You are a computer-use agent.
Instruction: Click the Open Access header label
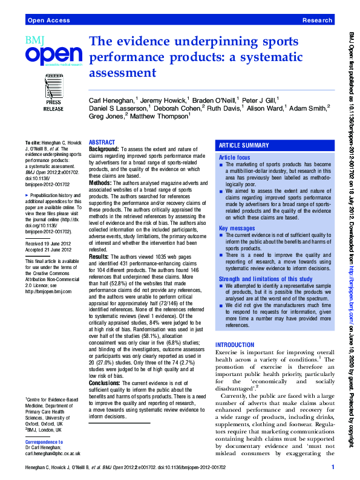click(x=48, y=21)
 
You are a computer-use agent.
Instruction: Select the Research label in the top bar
click(x=317, y=21)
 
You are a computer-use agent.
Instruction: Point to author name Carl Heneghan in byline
click(x=112, y=99)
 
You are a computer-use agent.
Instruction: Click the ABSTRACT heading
click(x=102, y=141)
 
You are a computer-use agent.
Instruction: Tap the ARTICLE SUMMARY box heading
click(x=244, y=146)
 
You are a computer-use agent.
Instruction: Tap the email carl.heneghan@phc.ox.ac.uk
click(x=53, y=452)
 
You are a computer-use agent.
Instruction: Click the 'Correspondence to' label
click(x=45, y=442)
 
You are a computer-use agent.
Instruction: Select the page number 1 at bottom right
click(x=333, y=467)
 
